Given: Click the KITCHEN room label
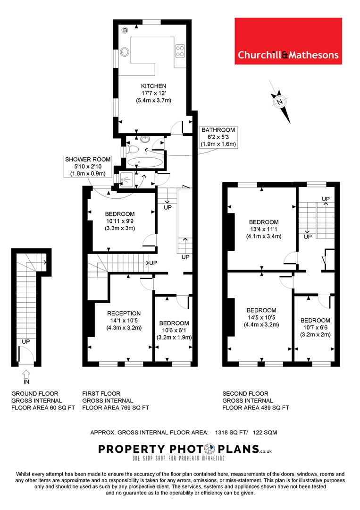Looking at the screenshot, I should pos(153,86).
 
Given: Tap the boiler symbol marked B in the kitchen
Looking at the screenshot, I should pos(125,30).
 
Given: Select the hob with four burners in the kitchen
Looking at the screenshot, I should pos(180,50).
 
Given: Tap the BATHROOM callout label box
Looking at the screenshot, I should pos(218,137).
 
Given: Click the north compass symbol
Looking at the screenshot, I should pos(280,101).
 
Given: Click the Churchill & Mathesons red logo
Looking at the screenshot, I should pos(288,41).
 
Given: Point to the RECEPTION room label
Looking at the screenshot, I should pos(124,313).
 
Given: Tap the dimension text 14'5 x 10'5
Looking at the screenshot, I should pos(261,317).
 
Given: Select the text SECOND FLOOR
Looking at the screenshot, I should pos(245,393).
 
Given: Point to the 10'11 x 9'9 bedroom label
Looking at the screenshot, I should pos(120,221).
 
